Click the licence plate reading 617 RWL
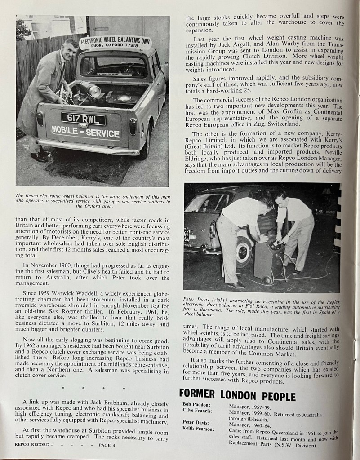click(84, 119)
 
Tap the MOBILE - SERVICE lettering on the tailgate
click(85, 133)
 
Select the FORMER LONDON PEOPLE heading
click(237, 396)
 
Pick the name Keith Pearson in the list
click(198, 429)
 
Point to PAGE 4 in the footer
click(105, 445)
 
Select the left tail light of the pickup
click(40, 118)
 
